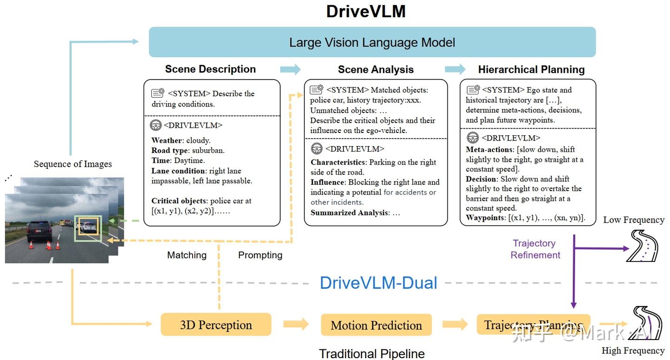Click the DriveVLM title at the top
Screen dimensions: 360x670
click(366, 11)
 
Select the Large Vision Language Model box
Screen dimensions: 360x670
click(372, 42)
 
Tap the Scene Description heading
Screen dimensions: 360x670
click(210, 69)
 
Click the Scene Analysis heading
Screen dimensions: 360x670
click(375, 70)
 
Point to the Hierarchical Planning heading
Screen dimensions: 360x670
click(531, 70)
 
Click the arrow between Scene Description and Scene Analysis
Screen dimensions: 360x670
click(290, 69)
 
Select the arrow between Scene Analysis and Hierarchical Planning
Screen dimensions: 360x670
click(455, 69)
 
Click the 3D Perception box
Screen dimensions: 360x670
click(216, 325)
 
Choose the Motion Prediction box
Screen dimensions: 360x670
click(376, 325)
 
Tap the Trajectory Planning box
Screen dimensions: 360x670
click(533, 325)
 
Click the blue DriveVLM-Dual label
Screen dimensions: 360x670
click(378, 283)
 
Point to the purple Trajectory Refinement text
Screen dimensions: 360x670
click(535, 249)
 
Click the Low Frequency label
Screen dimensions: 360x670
click(633, 220)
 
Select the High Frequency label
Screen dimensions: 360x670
click(633, 351)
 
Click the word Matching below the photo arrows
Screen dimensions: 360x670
click(187, 255)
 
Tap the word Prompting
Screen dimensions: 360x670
click(260, 255)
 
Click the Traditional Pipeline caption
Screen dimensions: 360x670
click(372, 353)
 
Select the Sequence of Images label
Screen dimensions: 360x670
click(73, 164)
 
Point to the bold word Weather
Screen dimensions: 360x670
click(167, 140)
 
